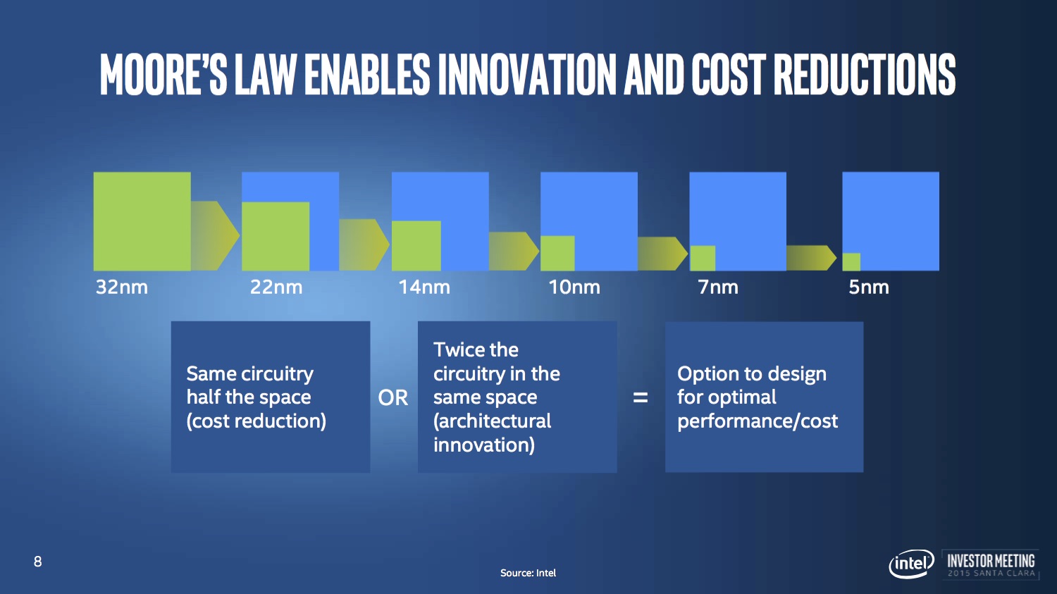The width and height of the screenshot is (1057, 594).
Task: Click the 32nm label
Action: [x=122, y=287]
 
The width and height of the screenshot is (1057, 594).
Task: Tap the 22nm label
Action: [x=276, y=287]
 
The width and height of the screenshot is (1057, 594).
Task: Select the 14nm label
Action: [x=424, y=287]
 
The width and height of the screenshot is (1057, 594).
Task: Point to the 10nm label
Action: [x=574, y=287]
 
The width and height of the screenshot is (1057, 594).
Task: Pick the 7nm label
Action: [x=718, y=287]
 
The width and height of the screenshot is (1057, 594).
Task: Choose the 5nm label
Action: [x=869, y=287]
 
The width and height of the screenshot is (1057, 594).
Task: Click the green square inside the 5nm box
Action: [x=851, y=262]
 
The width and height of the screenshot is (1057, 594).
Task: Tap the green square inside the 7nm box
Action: [x=703, y=258]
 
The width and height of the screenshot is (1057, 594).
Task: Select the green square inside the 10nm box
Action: [x=558, y=254]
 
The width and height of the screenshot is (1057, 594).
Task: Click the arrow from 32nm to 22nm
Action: [x=215, y=235]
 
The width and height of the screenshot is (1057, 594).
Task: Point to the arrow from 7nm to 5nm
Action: [x=811, y=258]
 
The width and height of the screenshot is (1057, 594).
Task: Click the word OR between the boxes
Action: [x=392, y=397]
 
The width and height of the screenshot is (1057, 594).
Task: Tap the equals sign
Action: [x=641, y=397]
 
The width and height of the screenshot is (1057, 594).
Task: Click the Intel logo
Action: [x=911, y=563]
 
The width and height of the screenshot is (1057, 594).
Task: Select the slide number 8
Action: [x=38, y=562]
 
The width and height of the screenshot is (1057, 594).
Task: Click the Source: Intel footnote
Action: [x=528, y=573]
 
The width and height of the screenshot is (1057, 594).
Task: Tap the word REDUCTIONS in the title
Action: [x=865, y=75]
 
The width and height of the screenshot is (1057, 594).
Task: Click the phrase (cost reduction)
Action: [x=256, y=421]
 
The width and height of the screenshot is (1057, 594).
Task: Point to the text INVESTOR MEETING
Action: [x=991, y=560]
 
